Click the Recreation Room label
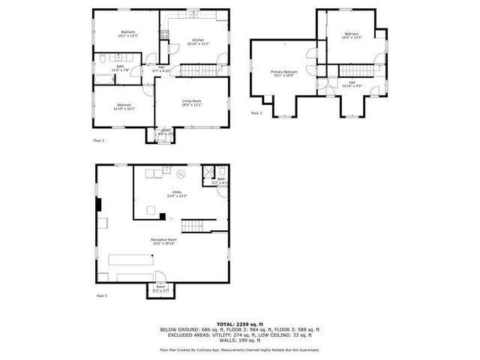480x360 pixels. tap(163, 241)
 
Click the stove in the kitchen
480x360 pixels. tap(164, 34)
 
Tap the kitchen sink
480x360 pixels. tap(193, 15)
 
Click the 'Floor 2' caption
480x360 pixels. tap(98, 140)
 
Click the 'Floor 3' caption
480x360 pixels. tap(256, 113)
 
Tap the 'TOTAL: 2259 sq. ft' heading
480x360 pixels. tap(239, 324)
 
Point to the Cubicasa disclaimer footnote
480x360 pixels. tap(239, 349)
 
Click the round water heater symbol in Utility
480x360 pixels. tap(181, 175)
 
